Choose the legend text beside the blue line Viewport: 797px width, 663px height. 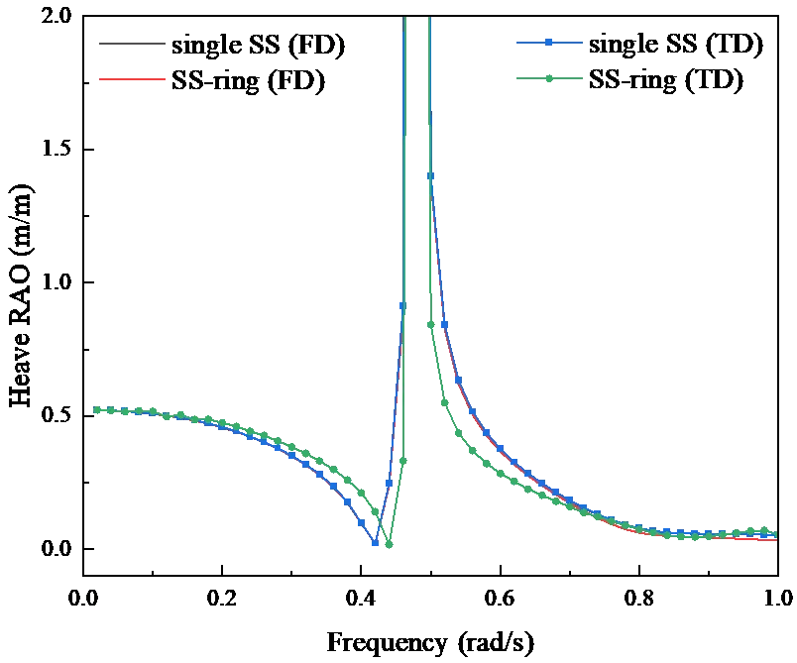coord(680,45)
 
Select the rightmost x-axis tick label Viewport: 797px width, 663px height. coord(777,598)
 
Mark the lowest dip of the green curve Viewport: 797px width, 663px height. coord(390,547)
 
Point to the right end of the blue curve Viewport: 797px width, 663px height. coord(772,536)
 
